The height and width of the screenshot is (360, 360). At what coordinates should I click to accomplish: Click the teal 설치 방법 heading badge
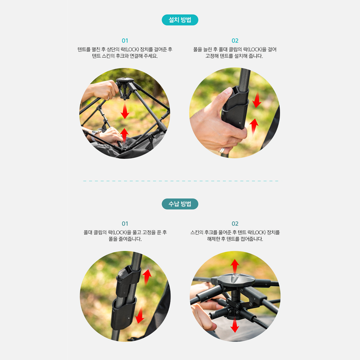coord(180,20)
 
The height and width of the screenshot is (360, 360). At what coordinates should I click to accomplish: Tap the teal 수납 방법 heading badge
coord(180,204)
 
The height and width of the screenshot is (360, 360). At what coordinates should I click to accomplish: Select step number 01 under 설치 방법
coord(125,41)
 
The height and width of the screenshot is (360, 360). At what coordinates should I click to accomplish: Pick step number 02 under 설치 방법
coord(235,41)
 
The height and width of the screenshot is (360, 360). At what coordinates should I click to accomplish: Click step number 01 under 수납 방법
coord(125,224)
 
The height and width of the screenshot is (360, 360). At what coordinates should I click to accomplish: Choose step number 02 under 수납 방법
coord(235,224)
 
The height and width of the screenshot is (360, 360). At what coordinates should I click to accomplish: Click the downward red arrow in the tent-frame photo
coord(125,110)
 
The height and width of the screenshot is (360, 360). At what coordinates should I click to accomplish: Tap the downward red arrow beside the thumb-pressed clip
coord(257,100)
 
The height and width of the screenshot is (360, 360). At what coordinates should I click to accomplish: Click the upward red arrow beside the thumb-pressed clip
coord(254,126)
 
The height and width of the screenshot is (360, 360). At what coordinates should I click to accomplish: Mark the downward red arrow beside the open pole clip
coord(140,315)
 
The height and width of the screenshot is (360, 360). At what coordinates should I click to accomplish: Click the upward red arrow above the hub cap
coord(235,266)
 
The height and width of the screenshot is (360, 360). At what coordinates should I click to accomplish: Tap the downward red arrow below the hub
coord(235,325)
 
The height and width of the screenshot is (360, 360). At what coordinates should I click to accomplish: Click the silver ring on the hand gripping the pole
coord(222,150)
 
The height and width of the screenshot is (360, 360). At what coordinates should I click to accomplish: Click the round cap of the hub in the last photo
coord(236,279)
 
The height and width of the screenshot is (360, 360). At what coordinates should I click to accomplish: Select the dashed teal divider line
coord(181,181)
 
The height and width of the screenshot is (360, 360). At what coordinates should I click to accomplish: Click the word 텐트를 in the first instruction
coord(84,49)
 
